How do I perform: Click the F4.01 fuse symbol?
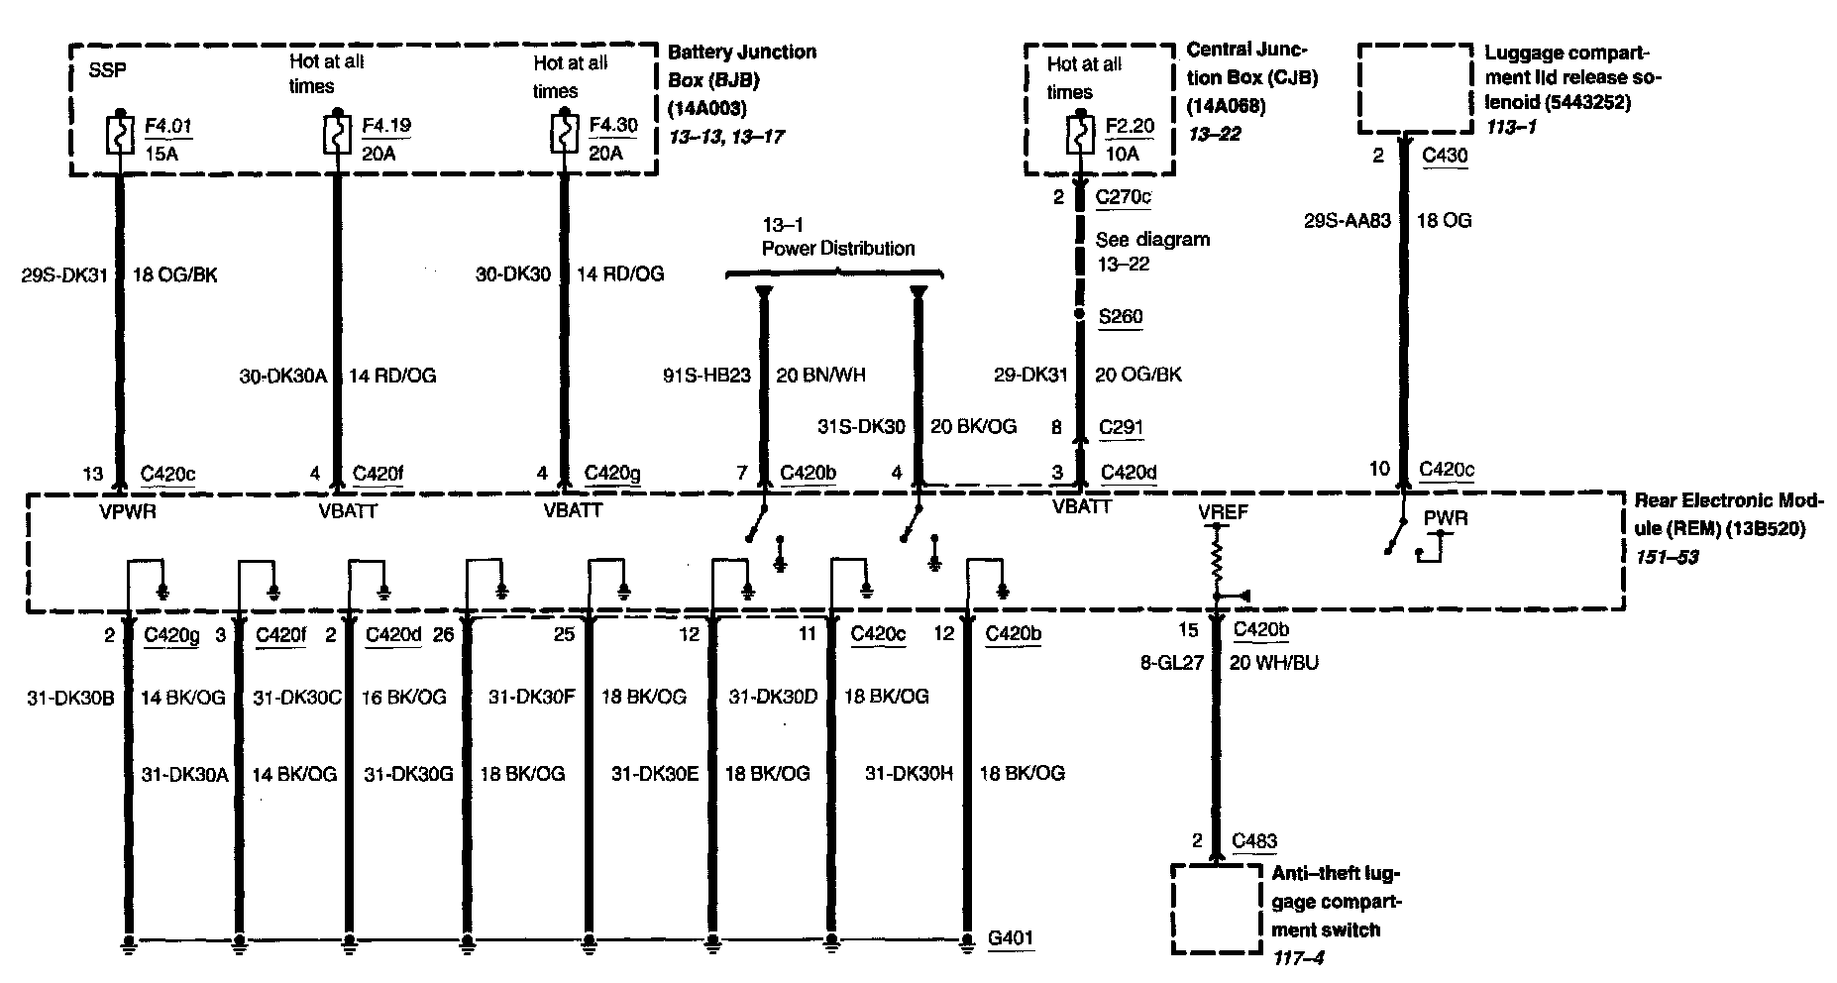click(119, 136)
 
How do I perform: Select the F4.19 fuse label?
click(386, 126)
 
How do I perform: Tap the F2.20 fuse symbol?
click(1077, 136)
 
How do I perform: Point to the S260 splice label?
click(1120, 317)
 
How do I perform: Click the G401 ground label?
click(1011, 937)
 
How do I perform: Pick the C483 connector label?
click(1254, 841)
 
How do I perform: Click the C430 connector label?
click(1444, 156)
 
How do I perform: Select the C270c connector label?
click(1123, 197)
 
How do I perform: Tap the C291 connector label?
click(1121, 428)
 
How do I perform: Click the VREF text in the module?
click(1223, 512)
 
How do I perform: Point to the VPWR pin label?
click(127, 511)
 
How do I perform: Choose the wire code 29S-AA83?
click(1347, 220)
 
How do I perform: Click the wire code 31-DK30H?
click(909, 773)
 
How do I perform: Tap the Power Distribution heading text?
click(837, 248)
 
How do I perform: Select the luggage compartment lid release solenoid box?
click(1414, 89)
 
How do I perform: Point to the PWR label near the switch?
click(1446, 518)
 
